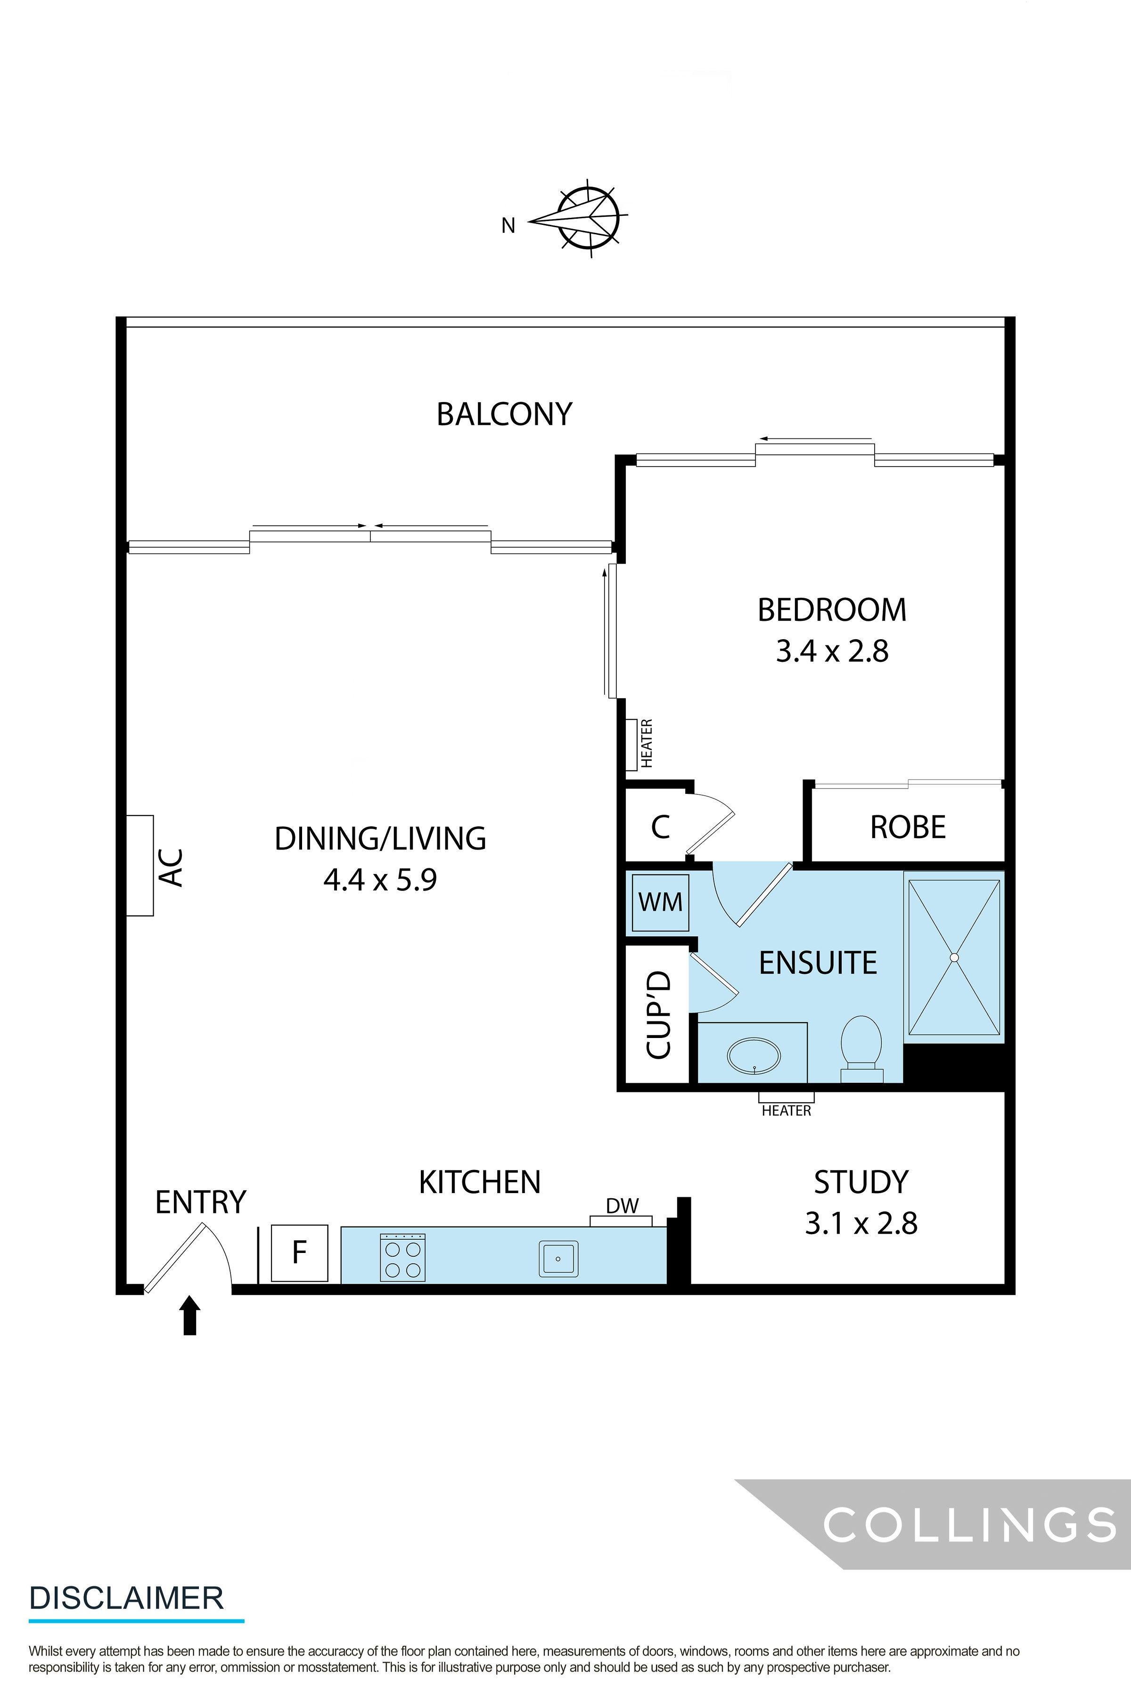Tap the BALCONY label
504,414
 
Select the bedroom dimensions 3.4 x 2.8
832,651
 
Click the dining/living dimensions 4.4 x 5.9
380,880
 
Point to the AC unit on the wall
140,866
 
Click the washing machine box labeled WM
660,902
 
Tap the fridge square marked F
299,1253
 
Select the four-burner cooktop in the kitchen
402,1258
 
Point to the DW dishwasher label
622,1206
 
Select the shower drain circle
954,957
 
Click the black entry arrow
190,1315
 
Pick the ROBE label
908,828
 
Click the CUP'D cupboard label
658,1014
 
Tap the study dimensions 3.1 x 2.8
861,1224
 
